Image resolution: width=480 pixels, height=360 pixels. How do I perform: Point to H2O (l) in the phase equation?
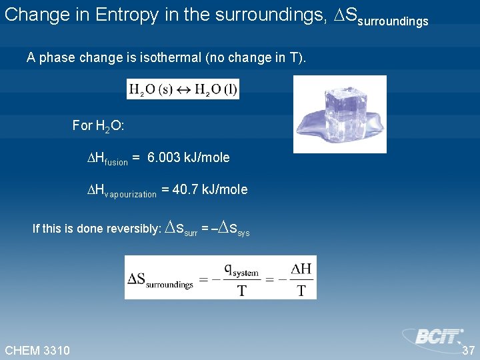[215, 89]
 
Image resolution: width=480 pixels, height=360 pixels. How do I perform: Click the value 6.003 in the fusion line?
[164, 157]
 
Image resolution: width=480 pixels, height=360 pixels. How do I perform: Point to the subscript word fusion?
[116, 161]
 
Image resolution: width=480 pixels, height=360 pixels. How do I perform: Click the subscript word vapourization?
[131, 194]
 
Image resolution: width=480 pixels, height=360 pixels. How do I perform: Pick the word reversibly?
[136, 229]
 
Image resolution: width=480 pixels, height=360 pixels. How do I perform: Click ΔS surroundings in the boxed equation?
[160, 279]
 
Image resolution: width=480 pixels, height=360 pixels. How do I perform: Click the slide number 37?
[468, 350]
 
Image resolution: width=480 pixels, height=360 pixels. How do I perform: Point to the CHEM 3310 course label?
[37, 350]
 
